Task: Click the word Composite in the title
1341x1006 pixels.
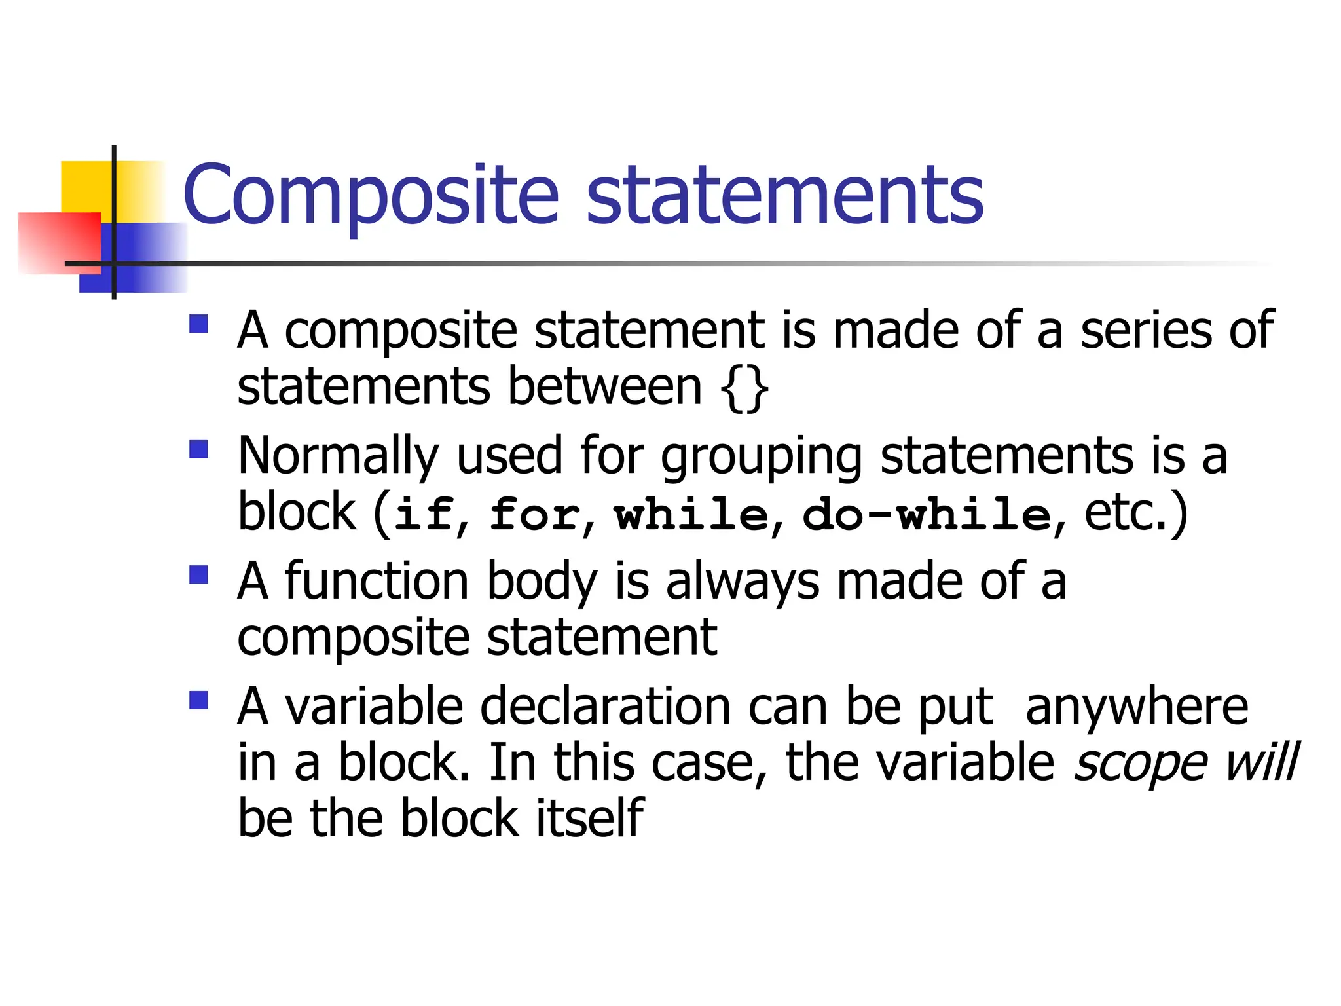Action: click(371, 195)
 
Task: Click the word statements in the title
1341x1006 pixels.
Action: click(784, 195)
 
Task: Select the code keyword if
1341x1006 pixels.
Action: click(424, 513)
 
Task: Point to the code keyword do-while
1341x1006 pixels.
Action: click(927, 513)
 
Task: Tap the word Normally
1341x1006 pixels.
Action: click(338, 456)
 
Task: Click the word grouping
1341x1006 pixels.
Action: click(762, 457)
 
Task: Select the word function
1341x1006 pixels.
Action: click(377, 581)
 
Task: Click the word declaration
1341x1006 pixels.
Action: click(606, 707)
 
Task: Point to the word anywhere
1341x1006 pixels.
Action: click(1137, 707)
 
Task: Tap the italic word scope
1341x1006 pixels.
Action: click(1140, 764)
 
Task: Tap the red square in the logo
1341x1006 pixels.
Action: click(59, 242)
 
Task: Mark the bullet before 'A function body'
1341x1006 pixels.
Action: click(198, 574)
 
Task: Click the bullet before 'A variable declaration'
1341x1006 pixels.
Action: click(198, 700)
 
